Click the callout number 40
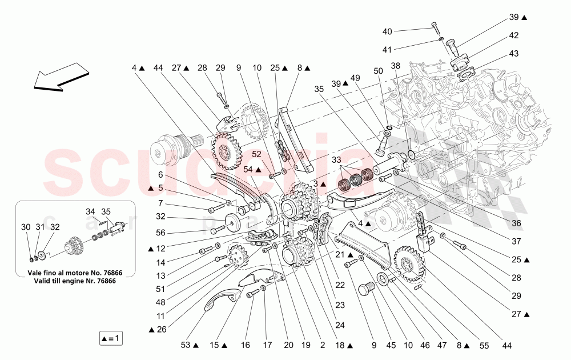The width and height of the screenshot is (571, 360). tap(387, 31)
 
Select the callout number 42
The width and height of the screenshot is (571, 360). tap(513, 35)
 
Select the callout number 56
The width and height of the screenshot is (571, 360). tap(160, 232)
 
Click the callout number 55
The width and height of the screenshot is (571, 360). tap(484, 345)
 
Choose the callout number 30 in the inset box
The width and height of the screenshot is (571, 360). tap(26, 226)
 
